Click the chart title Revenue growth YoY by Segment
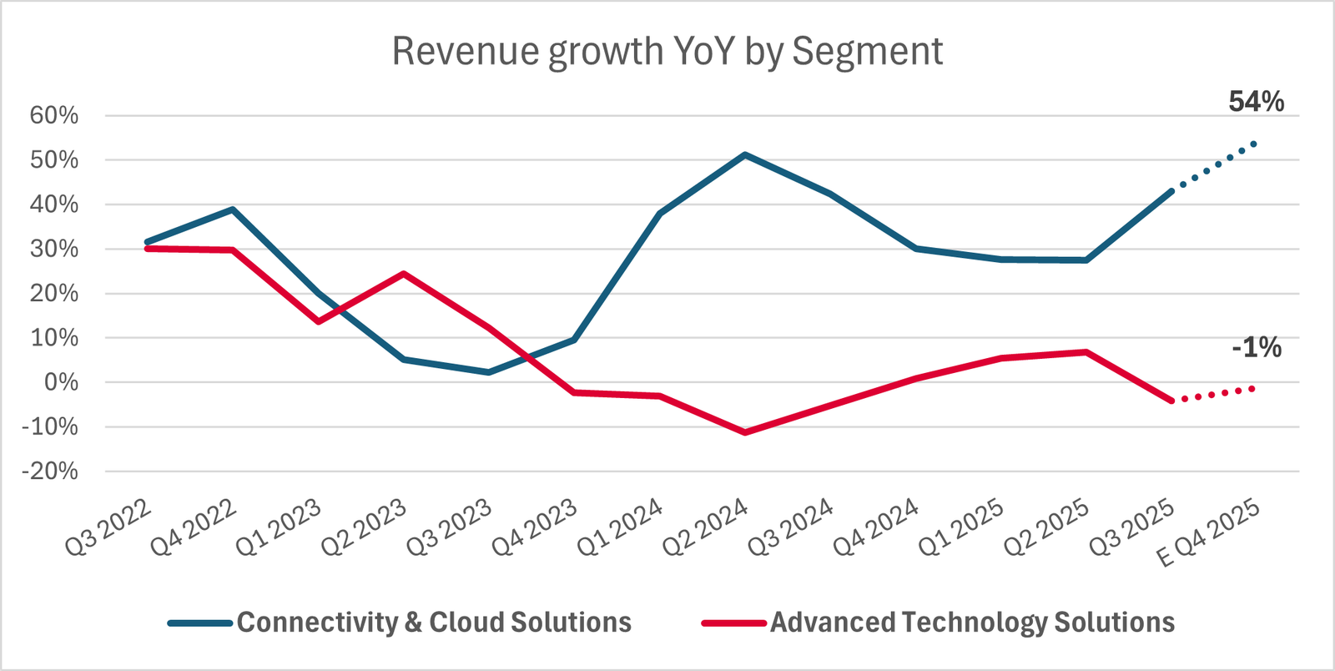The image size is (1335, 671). click(x=667, y=52)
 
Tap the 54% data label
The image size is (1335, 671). click(x=1256, y=102)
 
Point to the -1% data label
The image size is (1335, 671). click(x=1256, y=347)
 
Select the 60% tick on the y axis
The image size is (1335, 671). click(x=54, y=115)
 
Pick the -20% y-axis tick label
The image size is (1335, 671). click(x=50, y=472)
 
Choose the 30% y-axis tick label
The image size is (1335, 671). click(x=54, y=249)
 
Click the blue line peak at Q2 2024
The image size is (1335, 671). click(x=745, y=154)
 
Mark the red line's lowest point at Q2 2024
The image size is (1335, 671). click(x=745, y=432)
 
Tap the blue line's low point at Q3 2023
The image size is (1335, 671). click(x=489, y=372)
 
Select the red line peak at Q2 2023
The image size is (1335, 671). click(x=404, y=274)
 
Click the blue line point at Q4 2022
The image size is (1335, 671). click(x=233, y=209)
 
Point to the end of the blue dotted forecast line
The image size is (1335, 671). click(x=1254, y=144)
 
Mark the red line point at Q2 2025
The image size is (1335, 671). click(x=1086, y=352)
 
